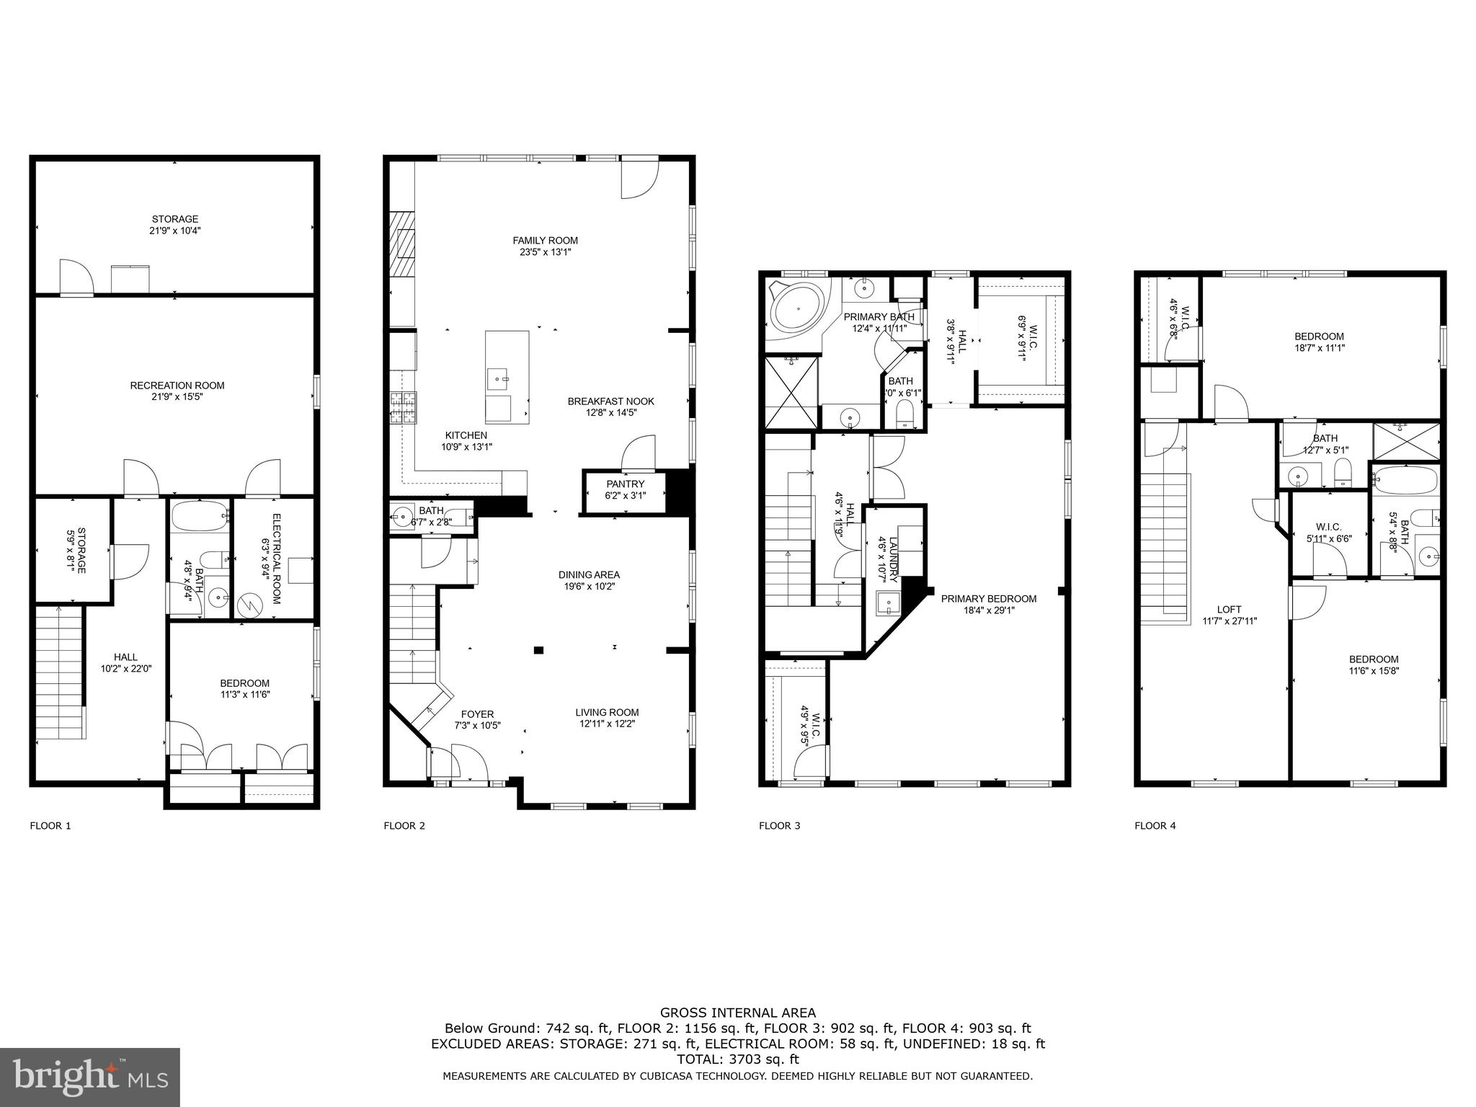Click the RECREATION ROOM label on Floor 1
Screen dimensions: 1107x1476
(177, 386)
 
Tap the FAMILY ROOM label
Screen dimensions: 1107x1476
(545, 241)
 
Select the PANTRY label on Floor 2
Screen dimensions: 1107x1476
(625, 484)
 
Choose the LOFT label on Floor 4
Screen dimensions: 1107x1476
(1229, 609)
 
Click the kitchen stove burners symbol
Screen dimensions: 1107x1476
(402, 407)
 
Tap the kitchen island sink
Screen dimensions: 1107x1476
(498, 376)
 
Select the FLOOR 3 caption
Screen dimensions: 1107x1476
(779, 826)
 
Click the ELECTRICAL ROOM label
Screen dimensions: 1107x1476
(276, 559)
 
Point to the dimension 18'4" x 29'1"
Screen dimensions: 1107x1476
(989, 610)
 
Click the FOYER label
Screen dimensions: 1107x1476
(477, 714)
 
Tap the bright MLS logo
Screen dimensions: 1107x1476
(90, 1077)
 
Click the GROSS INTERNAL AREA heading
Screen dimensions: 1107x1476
(737, 1013)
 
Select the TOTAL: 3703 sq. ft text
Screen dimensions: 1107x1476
(737, 1059)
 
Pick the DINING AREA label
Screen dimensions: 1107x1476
(589, 574)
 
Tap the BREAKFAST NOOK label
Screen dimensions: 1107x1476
(610, 401)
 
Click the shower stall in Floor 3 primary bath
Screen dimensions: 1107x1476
(791, 393)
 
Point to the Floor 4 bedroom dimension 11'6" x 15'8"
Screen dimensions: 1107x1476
(1374, 671)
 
